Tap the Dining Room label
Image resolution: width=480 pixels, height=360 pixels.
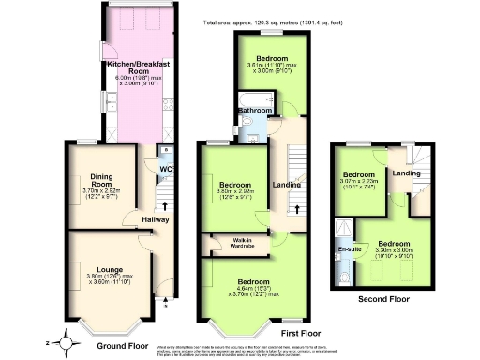100,178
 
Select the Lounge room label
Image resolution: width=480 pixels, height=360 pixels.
100,251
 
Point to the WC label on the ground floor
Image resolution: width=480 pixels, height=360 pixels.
165,170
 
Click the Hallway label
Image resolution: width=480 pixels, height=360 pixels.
156,220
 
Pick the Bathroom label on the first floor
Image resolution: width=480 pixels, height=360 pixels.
253,111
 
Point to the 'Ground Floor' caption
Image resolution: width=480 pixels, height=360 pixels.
123,346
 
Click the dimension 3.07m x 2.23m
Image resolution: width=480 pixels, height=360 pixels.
361,184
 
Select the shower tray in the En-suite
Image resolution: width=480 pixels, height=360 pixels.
345,229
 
